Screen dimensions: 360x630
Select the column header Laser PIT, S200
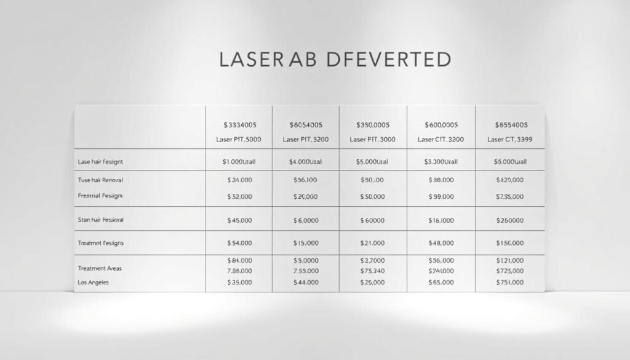(306, 140)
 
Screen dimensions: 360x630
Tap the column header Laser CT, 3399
(510, 140)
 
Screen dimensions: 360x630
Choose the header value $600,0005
(442, 125)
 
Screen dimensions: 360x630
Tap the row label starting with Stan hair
(101, 219)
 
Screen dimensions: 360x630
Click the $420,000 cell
(509, 180)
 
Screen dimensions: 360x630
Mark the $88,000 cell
(442, 180)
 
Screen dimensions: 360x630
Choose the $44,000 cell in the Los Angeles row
(306, 283)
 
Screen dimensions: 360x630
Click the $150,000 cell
(509, 243)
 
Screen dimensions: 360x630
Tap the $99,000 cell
(442, 196)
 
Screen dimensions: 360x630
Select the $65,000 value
(442, 283)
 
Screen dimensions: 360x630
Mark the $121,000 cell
(509, 260)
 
